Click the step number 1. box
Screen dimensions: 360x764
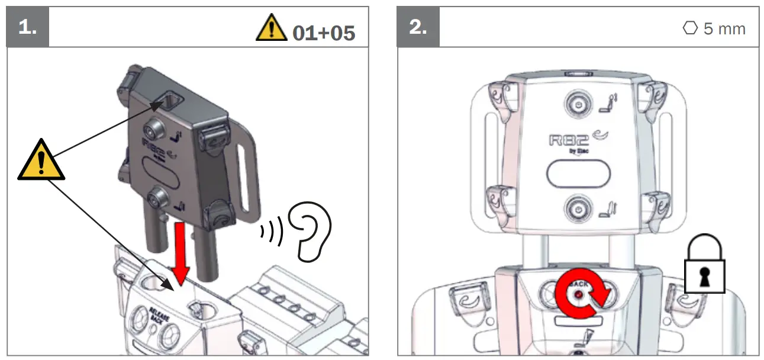[27, 27]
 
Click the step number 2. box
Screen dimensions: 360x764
[418, 27]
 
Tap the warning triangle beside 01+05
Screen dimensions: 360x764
[271, 29]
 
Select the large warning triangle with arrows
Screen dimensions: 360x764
[41, 161]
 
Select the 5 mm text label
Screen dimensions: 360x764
[724, 28]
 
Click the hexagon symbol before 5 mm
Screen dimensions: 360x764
[690, 28]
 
